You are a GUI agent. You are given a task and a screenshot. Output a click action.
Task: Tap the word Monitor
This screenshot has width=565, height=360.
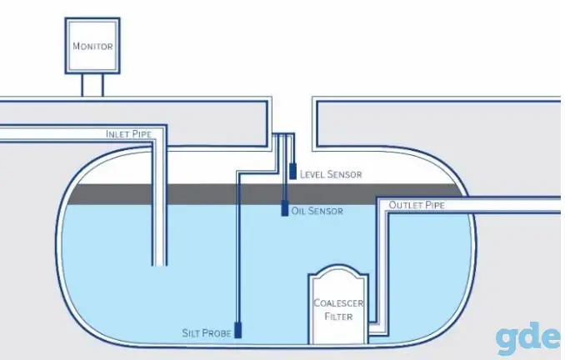(x=92, y=46)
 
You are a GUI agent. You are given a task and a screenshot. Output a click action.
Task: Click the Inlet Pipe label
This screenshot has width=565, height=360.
(x=128, y=134)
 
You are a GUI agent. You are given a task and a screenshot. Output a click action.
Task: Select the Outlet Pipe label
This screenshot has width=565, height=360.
(x=417, y=205)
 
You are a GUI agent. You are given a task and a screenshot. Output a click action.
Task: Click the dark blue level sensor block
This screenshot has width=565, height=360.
(x=293, y=171)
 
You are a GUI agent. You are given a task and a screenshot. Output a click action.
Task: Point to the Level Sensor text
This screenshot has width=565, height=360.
(x=331, y=174)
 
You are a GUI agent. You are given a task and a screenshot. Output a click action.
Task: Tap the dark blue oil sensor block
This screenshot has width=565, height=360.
(x=285, y=208)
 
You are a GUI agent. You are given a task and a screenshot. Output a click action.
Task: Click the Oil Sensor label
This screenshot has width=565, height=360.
(x=317, y=211)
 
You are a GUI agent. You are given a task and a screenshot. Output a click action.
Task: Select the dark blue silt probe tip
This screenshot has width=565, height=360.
(x=237, y=330)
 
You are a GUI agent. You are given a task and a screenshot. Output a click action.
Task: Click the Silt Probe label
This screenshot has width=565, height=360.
(x=207, y=333)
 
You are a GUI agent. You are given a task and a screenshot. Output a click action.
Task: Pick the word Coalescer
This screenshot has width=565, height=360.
(x=338, y=302)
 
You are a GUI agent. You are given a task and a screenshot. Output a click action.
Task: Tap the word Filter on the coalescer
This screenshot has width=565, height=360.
(x=338, y=317)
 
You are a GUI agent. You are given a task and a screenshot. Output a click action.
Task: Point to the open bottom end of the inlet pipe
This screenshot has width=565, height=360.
(x=159, y=265)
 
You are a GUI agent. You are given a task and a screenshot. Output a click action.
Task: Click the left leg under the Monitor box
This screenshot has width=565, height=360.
(x=82, y=85)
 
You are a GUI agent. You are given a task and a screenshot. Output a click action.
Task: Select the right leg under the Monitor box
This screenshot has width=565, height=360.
(x=102, y=85)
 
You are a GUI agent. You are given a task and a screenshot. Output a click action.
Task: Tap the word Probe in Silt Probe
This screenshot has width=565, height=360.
(x=217, y=333)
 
